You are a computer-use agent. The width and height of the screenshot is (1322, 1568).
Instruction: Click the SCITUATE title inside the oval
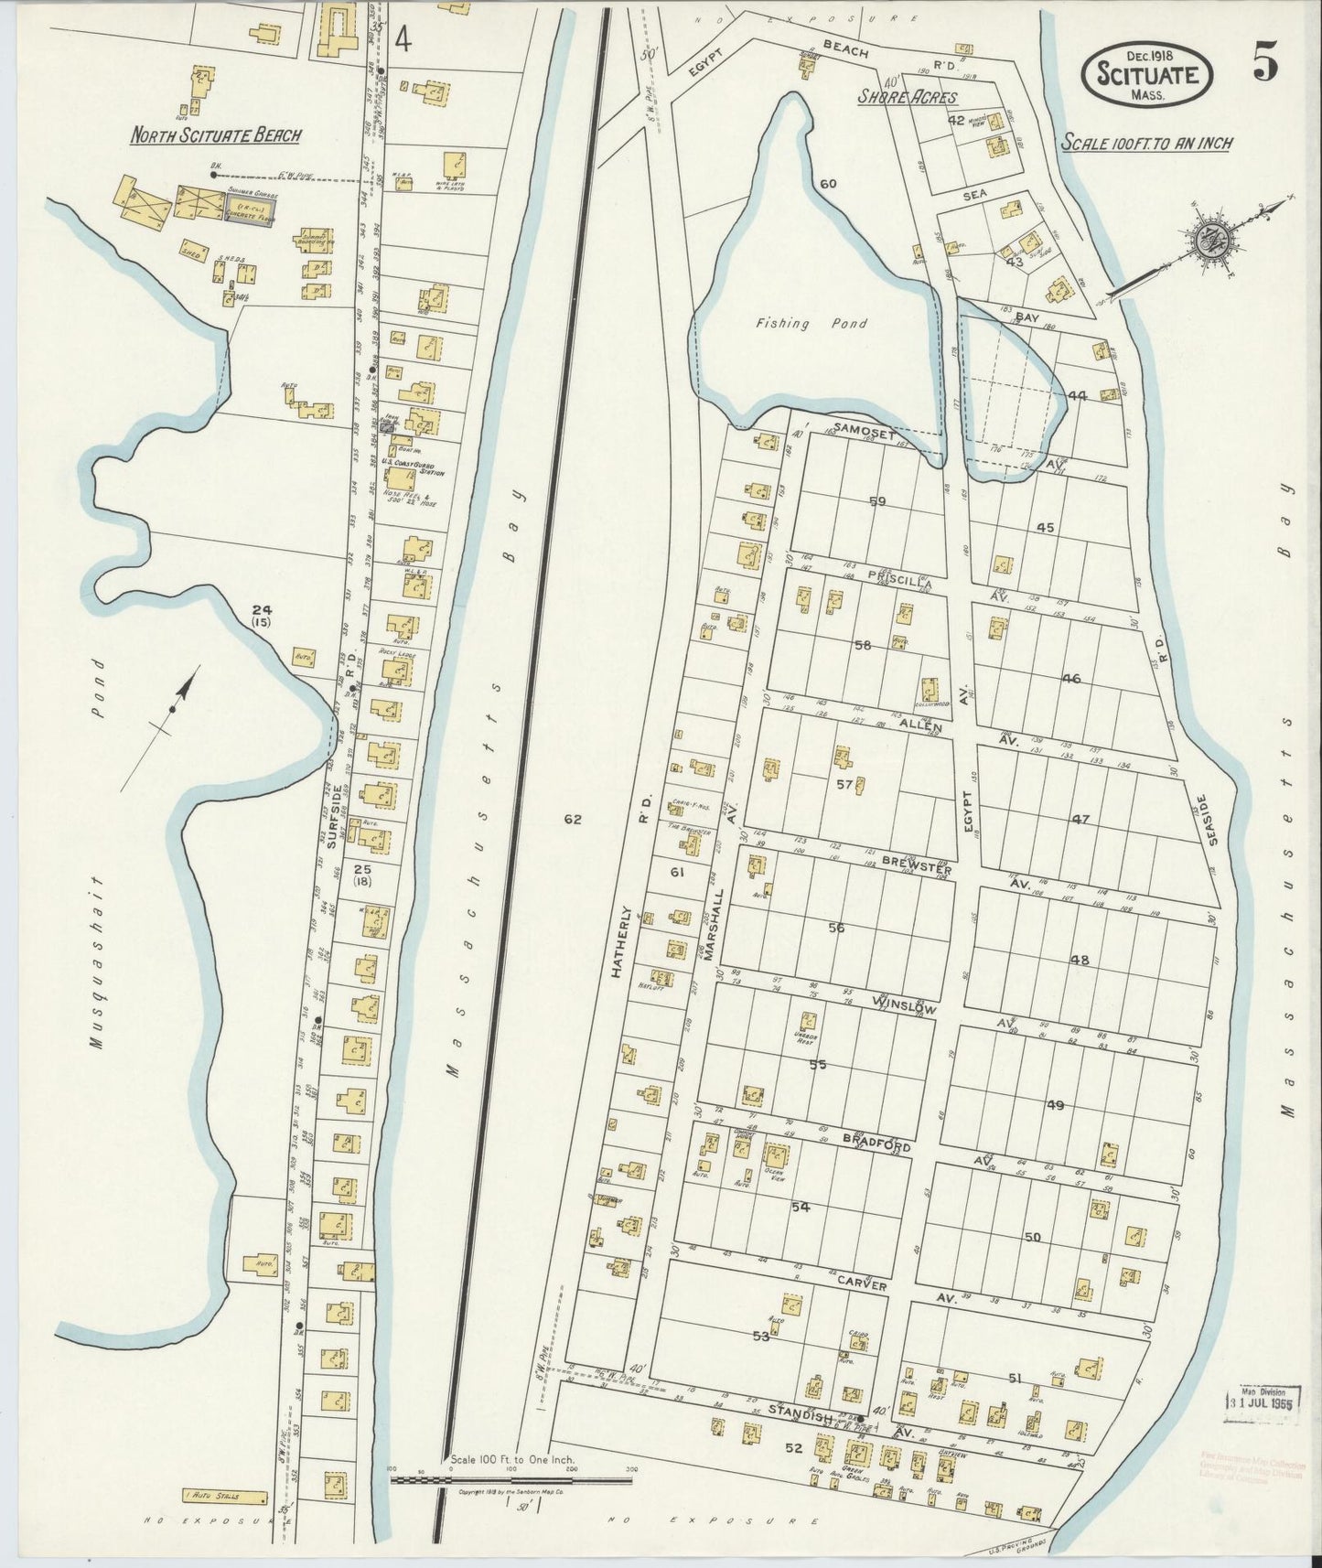(1148, 75)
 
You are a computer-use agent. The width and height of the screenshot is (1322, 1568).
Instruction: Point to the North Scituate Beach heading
(215, 136)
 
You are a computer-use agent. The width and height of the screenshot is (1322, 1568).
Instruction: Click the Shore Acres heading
(907, 98)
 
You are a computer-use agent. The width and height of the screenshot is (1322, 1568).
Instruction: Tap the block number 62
(573, 820)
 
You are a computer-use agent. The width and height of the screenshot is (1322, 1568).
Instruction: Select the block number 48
(1080, 960)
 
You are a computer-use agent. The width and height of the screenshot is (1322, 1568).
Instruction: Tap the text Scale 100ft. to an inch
(1147, 143)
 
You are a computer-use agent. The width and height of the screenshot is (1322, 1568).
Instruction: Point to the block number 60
(828, 184)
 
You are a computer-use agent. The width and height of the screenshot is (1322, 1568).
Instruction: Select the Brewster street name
(917, 867)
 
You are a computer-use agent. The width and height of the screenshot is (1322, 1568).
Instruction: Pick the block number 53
(760, 1336)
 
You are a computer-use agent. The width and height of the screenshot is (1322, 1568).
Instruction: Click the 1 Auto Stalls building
(225, 1498)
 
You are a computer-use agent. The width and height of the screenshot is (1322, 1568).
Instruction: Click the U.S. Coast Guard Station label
(421, 469)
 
